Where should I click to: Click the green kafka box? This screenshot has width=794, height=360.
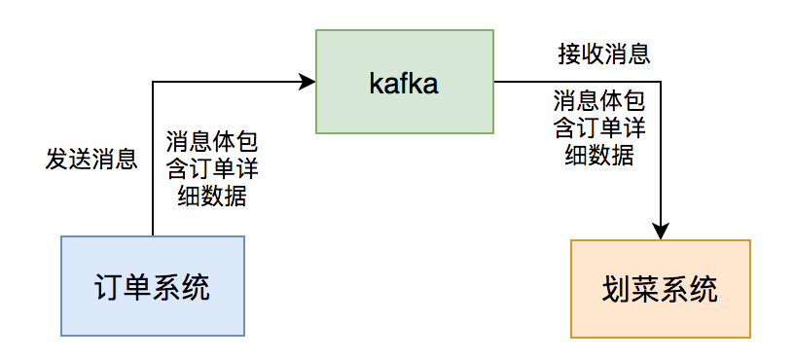404,82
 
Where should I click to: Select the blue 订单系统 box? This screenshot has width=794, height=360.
152,286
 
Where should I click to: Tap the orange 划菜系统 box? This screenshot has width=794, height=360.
661,289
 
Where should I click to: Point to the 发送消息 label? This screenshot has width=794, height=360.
91,159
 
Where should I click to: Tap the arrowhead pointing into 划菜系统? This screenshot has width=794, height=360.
661,232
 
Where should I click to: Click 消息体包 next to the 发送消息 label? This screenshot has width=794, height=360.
212,140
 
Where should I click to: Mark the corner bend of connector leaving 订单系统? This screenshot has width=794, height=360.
153,82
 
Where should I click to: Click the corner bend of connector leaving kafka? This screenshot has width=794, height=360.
661,82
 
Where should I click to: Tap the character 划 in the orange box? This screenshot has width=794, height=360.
617,289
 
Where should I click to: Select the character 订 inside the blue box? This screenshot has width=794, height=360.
108,286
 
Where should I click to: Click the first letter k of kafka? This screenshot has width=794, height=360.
375,82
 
